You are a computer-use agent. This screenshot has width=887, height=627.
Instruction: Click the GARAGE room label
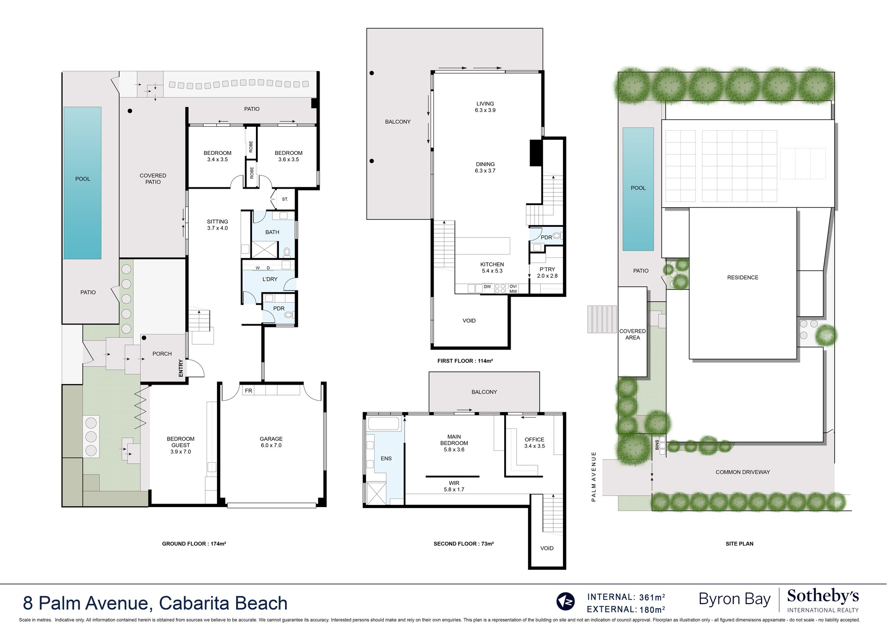coord(271,442)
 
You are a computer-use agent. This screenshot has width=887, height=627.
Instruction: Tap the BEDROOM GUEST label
coord(181,445)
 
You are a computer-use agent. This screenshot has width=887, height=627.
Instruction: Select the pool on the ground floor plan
coord(83,183)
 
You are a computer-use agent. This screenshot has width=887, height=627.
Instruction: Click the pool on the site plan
coord(638,189)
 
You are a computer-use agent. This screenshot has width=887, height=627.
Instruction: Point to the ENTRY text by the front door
coord(181,368)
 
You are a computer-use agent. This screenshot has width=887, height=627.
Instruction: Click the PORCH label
coord(162,354)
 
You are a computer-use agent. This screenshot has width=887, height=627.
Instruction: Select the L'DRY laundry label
coord(270,279)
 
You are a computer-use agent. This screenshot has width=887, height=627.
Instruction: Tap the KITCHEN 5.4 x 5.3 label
coord(492,267)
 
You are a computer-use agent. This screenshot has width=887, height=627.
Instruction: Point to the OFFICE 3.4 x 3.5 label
coord(534,443)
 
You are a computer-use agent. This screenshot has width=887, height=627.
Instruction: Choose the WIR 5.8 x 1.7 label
coord(454,486)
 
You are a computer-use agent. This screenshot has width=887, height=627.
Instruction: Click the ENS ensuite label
coord(386,459)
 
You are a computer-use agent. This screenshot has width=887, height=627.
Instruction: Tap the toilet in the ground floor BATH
coord(287,251)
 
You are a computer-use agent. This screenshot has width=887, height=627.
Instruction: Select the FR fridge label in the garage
coord(248,391)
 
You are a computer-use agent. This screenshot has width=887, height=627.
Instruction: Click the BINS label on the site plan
coord(657,445)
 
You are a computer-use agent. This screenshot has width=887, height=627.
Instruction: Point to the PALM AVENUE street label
coord(594,476)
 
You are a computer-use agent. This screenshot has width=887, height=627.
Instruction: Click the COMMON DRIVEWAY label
coord(743,472)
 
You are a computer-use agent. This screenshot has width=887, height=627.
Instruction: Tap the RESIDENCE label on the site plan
coord(743,277)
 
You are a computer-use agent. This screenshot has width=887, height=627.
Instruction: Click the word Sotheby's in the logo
coord(823,597)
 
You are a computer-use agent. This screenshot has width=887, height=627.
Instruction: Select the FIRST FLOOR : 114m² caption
coord(465,360)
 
